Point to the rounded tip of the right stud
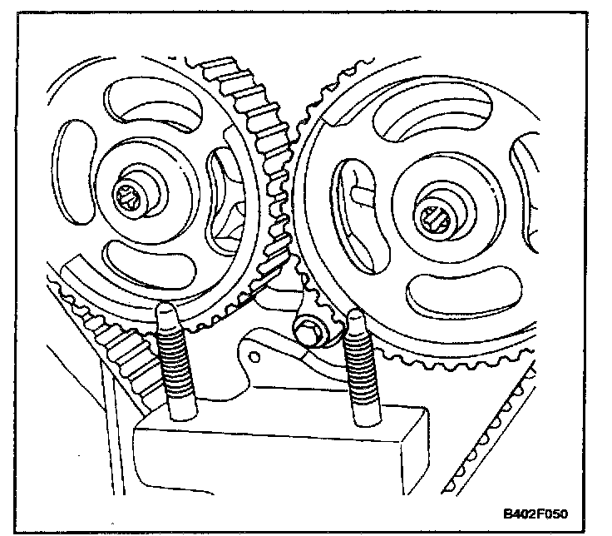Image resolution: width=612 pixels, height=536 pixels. point(356,318)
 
